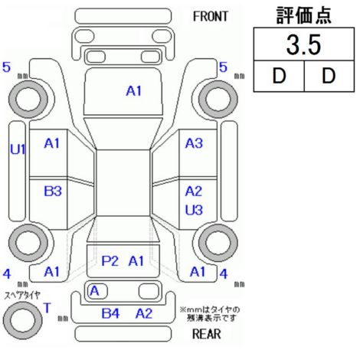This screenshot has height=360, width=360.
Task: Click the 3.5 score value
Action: [x=303, y=45]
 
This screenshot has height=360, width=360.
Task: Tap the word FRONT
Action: [x=210, y=17]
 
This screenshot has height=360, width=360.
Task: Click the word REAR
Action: [x=206, y=334]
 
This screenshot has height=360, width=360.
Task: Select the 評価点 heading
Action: [x=303, y=15]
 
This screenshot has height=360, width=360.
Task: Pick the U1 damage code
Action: [x=18, y=149]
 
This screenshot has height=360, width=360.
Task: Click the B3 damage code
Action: [x=53, y=191]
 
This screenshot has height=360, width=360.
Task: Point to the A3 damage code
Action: [x=194, y=143]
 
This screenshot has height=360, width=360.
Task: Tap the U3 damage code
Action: [x=194, y=210]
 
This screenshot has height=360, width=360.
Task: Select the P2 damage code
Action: [x=110, y=261]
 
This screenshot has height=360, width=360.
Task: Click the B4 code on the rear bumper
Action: [x=110, y=313]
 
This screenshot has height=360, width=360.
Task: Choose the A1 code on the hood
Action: [x=134, y=91]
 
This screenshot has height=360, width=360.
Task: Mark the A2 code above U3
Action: [x=194, y=191]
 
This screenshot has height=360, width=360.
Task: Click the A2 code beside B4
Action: [x=144, y=313]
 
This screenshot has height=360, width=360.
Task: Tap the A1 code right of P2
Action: [x=136, y=261]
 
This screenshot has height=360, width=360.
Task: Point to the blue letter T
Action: [x=47, y=308]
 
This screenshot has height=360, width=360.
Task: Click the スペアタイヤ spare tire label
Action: [x=22, y=296]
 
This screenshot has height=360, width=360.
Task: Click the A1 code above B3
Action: [x=52, y=143]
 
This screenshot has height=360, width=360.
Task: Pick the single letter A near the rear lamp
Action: [x=94, y=291]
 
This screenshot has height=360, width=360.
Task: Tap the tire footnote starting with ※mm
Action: [x=210, y=314]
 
